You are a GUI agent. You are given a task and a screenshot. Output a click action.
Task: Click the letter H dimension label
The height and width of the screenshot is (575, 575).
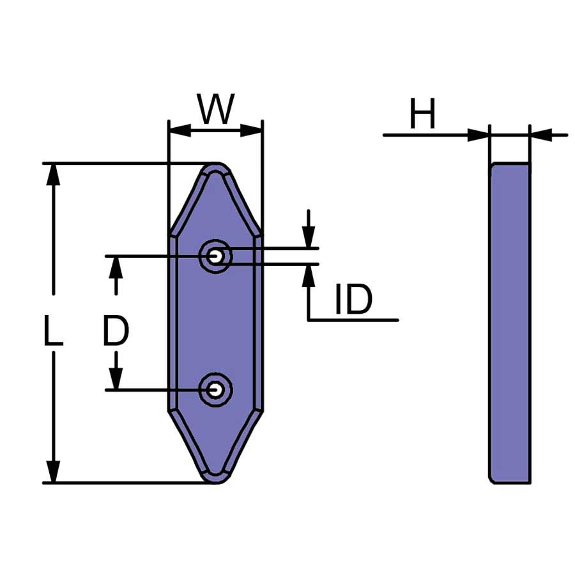(422, 114)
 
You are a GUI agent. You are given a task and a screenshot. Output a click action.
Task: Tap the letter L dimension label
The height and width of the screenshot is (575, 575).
(53, 331)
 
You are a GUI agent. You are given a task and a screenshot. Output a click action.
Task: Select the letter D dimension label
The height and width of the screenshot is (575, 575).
(116, 331)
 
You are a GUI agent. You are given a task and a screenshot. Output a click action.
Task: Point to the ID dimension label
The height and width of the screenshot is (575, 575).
(354, 299)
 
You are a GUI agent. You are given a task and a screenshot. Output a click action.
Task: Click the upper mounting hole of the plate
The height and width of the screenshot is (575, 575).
(216, 256)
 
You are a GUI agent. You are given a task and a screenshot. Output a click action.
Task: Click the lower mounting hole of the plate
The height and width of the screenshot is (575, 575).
(216, 390)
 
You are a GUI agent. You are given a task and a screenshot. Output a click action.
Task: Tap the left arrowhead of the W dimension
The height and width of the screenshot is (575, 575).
(180, 130)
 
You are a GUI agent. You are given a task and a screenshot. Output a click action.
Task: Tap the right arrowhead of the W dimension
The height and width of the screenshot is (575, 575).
(251, 130)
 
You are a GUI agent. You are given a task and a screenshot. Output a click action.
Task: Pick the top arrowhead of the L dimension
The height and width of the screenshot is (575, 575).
(54, 175)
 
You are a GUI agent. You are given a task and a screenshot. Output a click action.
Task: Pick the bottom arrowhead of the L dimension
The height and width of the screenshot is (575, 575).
(54, 471)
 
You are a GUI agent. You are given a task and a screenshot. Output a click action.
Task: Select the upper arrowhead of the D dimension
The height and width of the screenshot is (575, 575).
(116, 268)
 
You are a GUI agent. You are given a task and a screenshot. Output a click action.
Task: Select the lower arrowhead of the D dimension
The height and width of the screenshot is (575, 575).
(116, 378)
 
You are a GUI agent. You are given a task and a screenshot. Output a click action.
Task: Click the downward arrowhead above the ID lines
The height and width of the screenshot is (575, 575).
(309, 237)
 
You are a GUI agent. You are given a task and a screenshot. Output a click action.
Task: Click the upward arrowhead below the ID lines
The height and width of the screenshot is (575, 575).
(309, 275)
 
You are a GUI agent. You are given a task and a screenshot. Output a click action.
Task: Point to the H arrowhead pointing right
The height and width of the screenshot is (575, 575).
(478, 135)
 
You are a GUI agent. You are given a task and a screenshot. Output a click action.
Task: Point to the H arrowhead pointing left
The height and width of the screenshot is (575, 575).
(541, 135)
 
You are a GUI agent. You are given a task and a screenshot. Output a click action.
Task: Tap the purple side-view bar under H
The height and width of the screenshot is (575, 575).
(510, 323)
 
